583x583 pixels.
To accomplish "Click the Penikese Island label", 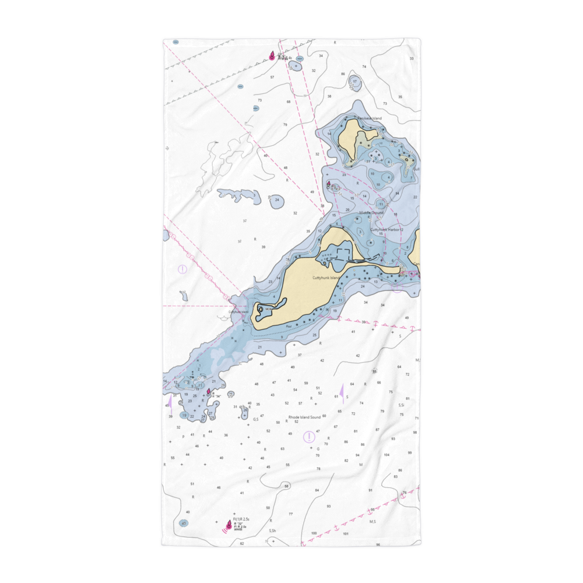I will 370,118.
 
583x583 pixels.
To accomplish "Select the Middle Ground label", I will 371,213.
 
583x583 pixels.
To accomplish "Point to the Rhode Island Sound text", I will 304,417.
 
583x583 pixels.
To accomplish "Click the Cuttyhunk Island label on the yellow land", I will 325,278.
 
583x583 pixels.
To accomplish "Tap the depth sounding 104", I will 387,454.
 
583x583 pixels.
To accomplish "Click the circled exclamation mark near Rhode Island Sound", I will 309,437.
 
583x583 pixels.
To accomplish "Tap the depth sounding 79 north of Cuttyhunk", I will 285,125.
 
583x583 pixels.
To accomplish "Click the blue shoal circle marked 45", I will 184,523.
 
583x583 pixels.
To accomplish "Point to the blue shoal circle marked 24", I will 277,200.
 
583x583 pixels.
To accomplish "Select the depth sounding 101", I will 346,533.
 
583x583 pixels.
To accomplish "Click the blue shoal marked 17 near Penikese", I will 354,82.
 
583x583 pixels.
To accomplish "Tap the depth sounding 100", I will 314,533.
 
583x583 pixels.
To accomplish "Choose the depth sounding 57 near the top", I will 272,77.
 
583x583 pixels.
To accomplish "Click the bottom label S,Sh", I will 272,531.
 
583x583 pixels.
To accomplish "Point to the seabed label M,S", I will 373,522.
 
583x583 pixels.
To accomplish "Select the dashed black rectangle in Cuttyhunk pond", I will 343,253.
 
